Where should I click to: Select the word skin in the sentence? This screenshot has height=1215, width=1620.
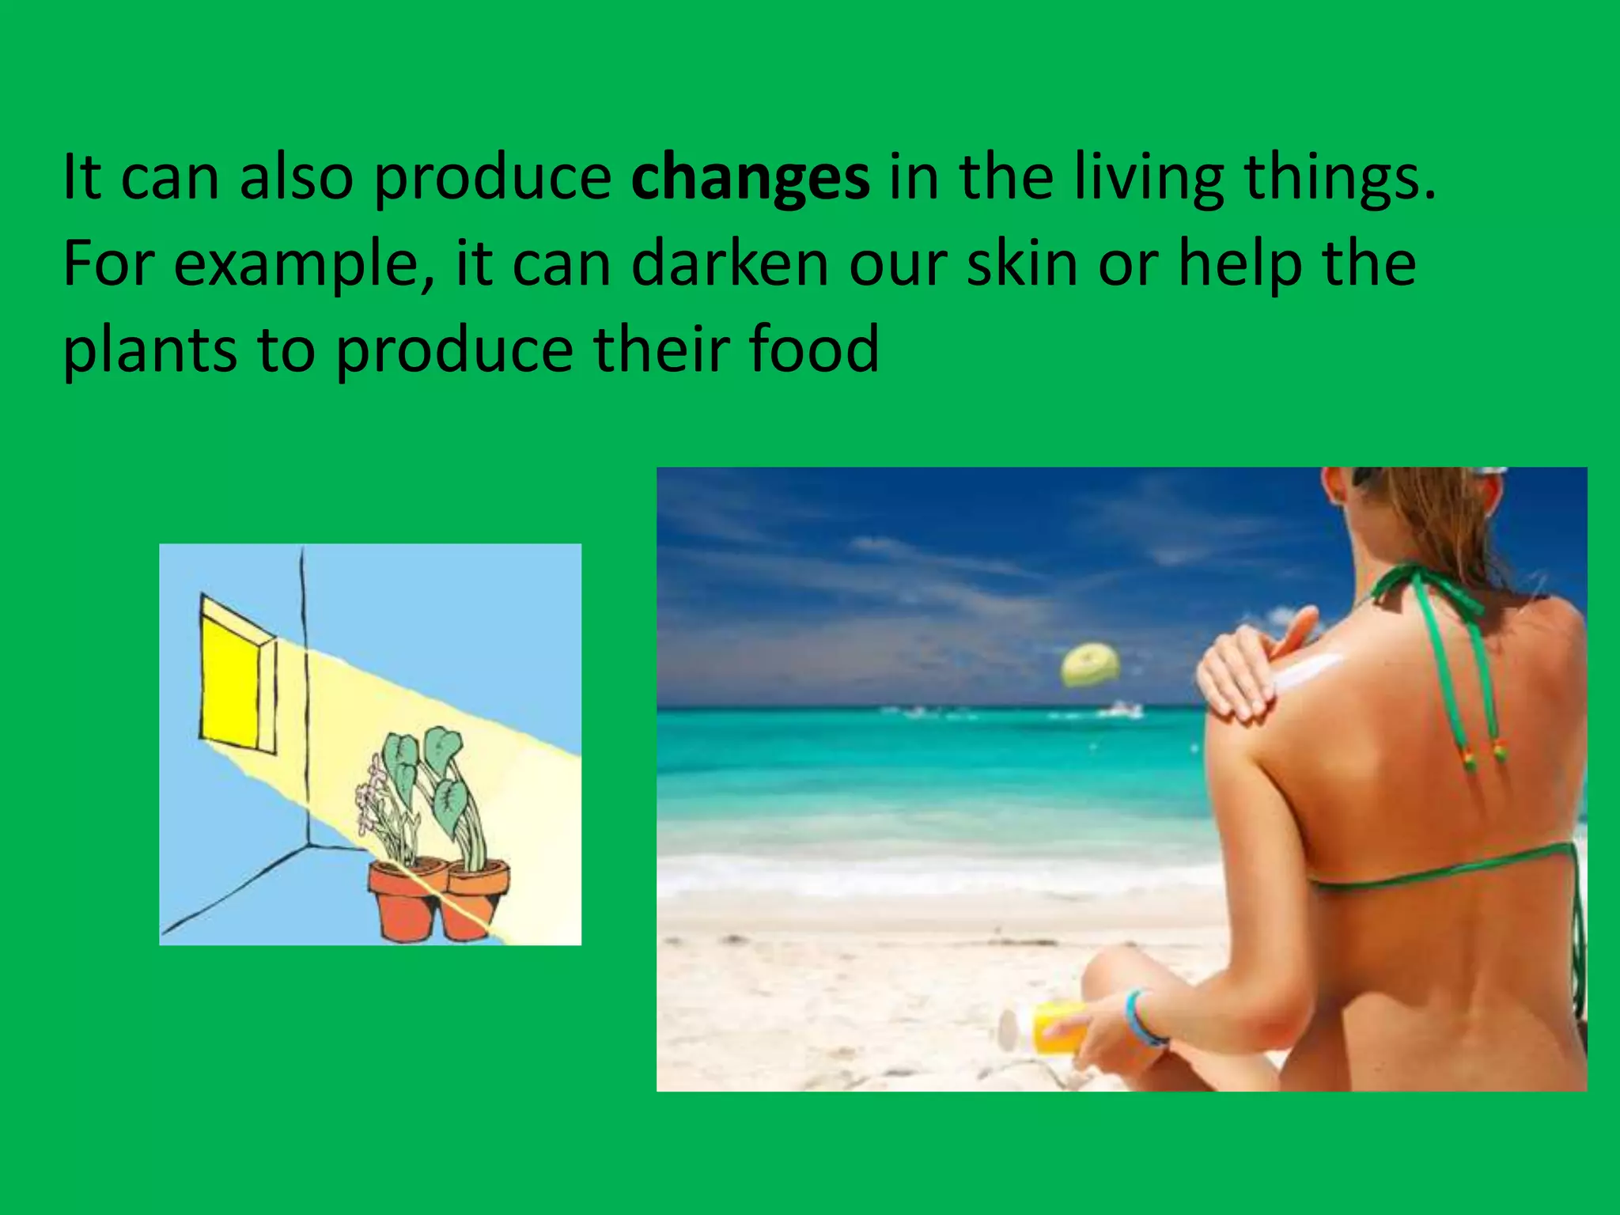1022,264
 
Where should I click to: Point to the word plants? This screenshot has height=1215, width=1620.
150,350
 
